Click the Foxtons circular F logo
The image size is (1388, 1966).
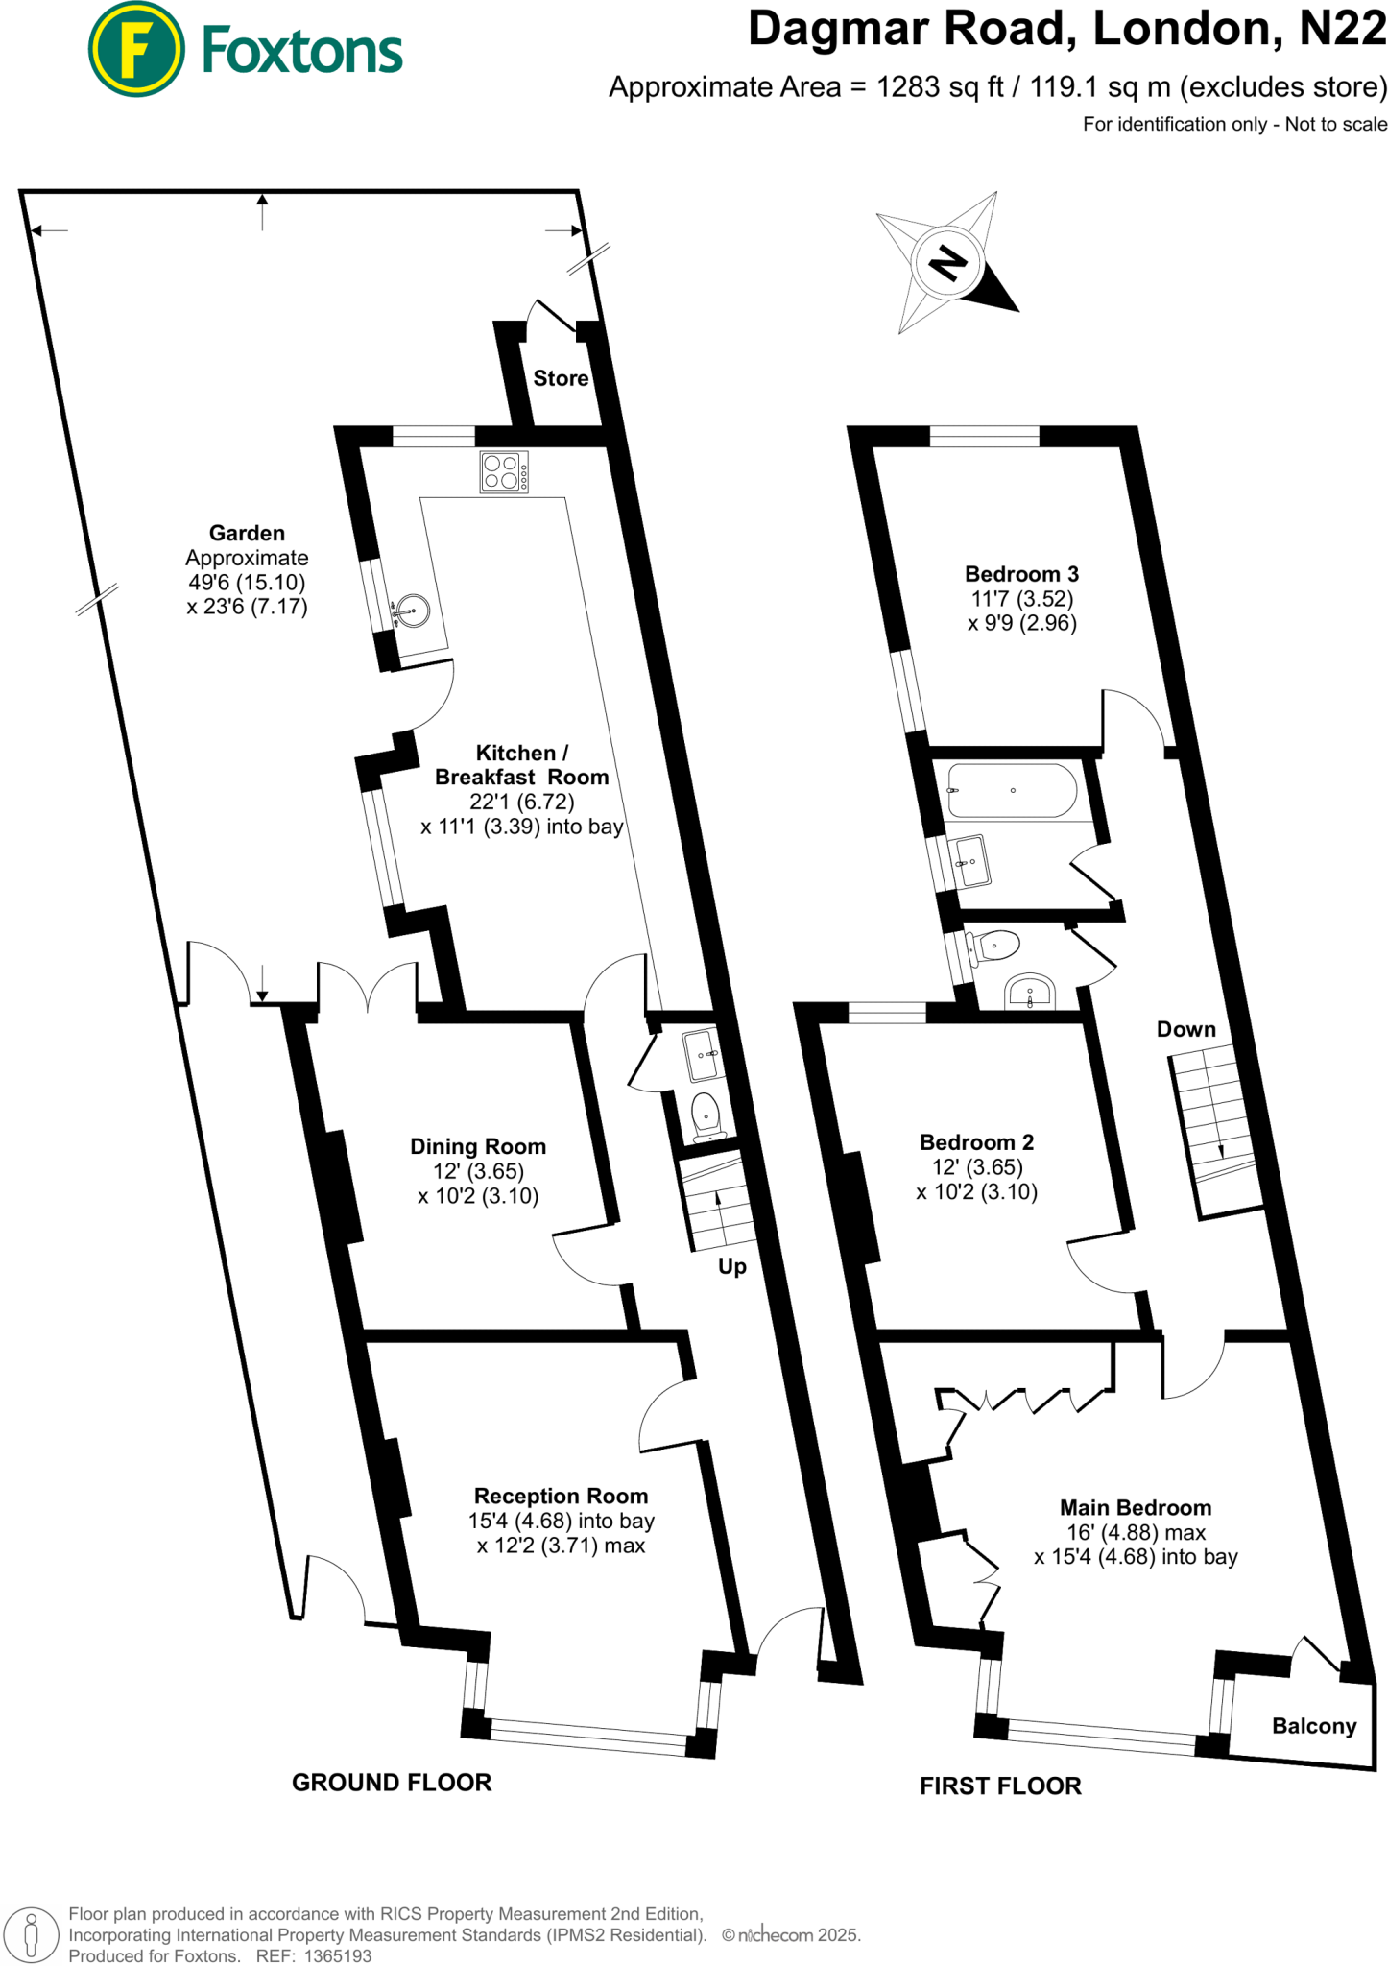[x=135, y=49]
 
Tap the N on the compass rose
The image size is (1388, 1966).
[x=948, y=262]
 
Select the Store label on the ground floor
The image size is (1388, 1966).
[x=561, y=378]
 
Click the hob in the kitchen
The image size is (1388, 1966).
[x=504, y=472]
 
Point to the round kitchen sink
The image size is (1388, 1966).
[x=414, y=611]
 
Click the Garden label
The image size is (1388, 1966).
[x=247, y=533]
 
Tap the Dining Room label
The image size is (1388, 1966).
[x=478, y=1146]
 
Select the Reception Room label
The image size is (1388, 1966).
[x=561, y=1496]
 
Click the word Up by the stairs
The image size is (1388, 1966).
[x=732, y=1266]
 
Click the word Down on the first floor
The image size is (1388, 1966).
[x=1185, y=1029]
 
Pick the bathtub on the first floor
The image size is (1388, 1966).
[x=1011, y=790]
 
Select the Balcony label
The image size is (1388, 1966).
[x=1314, y=1726]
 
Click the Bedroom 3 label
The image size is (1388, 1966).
[x=1021, y=574]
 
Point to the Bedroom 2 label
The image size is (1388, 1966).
[x=976, y=1142]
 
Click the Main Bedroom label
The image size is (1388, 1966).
[x=1136, y=1507]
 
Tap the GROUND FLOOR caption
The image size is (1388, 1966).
[x=392, y=1783]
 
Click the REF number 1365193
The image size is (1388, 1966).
[x=337, y=1955]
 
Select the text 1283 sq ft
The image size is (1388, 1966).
[x=940, y=87]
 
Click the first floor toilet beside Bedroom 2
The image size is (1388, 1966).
[x=993, y=947]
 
